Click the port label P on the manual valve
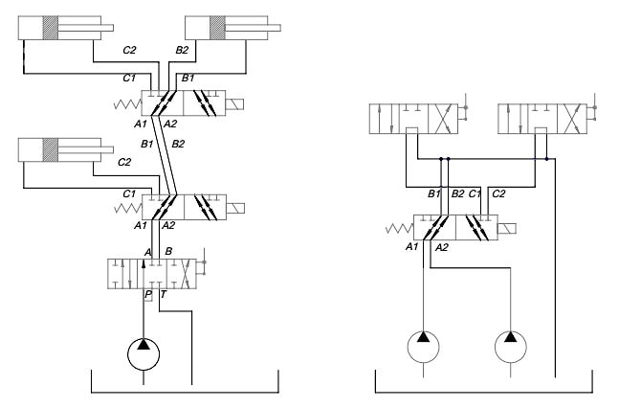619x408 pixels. click(x=147, y=296)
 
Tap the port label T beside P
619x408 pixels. click(x=164, y=296)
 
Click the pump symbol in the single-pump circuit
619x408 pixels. click(x=144, y=353)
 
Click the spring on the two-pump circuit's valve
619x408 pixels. click(x=398, y=229)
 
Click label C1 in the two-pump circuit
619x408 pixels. click(x=474, y=195)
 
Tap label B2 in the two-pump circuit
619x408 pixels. click(x=457, y=195)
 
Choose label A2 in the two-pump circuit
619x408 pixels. click(x=441, y=247)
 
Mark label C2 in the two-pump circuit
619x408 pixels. click(x=498, y=195)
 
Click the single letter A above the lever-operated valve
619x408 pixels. click(x=147, y=251)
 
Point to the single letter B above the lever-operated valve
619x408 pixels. click(x=168, y=251)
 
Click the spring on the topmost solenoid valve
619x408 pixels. click(x=126, y=103)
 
